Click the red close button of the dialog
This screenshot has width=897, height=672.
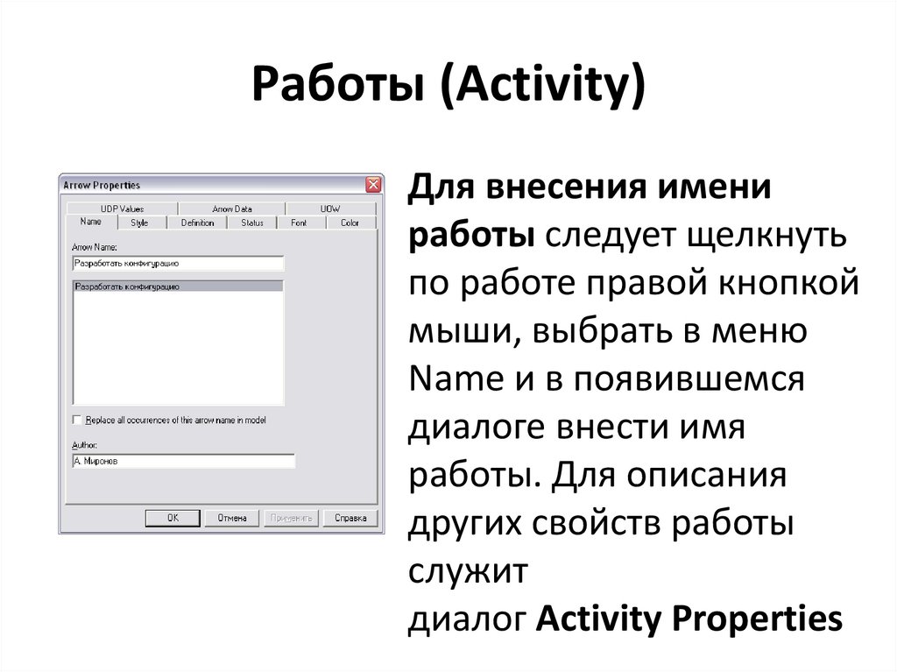point(373,185)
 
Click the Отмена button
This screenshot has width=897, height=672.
point(231,518)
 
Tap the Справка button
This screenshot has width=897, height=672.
point(350,518)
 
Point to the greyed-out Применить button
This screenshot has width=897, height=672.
point(291,518)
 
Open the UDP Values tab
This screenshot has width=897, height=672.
point(122,209)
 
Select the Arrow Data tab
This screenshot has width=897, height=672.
point(231,209)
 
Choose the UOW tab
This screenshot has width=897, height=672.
point(330,209)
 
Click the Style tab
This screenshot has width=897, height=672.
point(139,223)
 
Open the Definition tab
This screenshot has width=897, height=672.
point(197,223)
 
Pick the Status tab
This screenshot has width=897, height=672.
point(252,223)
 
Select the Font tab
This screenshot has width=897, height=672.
point(300,223)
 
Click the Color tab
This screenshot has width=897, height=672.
point(350,223)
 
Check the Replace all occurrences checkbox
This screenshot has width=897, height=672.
point(76,421)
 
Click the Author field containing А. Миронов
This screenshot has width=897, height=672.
point(183,461)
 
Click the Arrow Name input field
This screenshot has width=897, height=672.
point(177,263)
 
